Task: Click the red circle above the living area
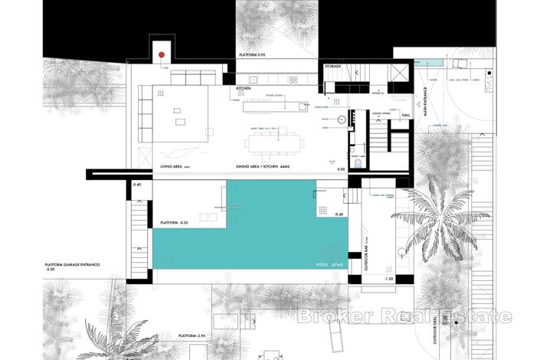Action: pyautogui.click(x=161, y=55)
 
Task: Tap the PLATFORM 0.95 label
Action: pyautogui.click(x=258, y=55)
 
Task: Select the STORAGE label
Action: pyautogui.click(x=332, y=67)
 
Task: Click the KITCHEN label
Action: pyautogui.click(x=244, y=89)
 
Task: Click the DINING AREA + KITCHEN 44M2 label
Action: pyautogui.click(x=267, y=165)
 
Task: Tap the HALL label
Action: pyautogui.click(x=405, y=115)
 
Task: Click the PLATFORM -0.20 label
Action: pyautogui.click(x=177, y=223)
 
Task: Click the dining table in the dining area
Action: pyautogui.click(x=273, y=142)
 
